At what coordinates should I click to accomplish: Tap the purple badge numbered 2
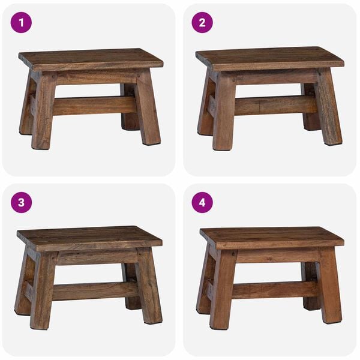tap(202, 22)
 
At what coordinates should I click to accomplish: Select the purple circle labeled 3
tap(21, 202)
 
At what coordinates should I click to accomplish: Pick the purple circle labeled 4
tap(202, 202)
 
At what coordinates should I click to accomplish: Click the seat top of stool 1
tap(90, 59)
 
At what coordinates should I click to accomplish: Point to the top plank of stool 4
tap(271, 237)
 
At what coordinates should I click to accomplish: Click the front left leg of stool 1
tap(44, 111)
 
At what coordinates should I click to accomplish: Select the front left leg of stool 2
tap(224, 111)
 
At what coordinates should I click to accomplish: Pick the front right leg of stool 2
tap(328, 108)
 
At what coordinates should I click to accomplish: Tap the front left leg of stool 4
tap(223, 291)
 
